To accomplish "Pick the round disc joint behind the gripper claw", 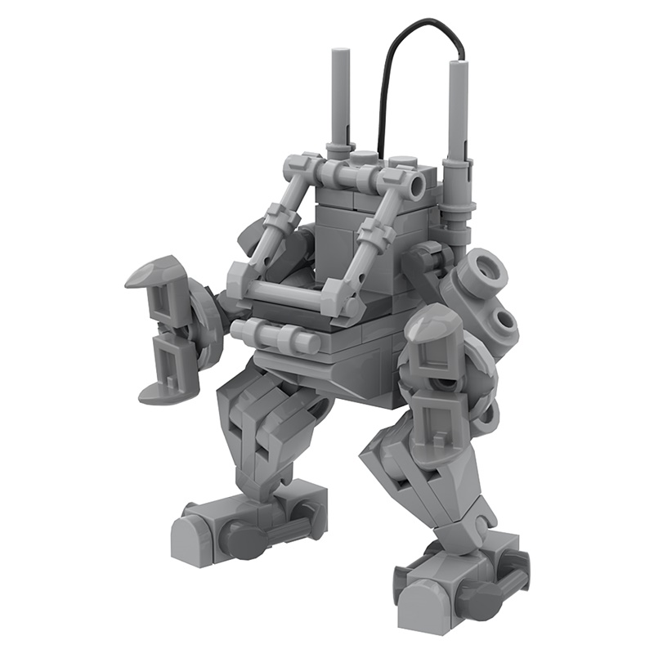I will [204, 323].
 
